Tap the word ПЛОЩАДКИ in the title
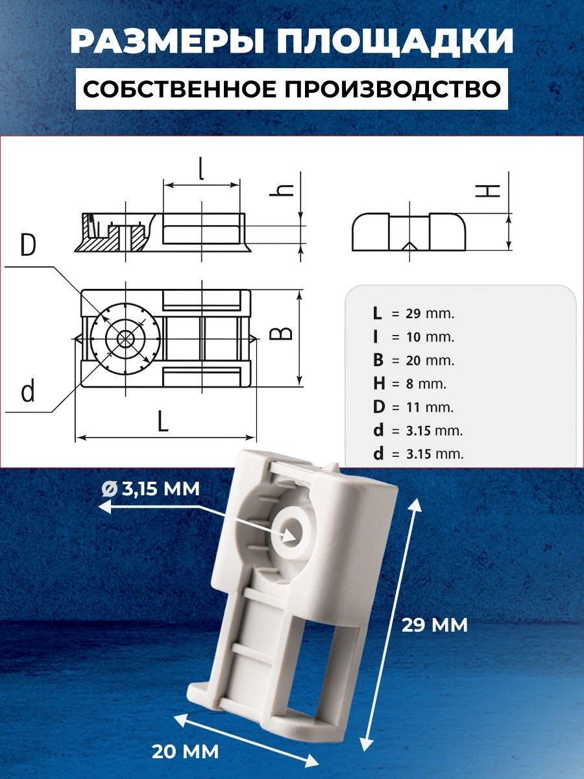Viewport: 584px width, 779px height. click(395, 43)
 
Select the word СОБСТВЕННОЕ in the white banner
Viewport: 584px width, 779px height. click(180, 89)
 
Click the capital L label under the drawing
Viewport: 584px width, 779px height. click(162, 421)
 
